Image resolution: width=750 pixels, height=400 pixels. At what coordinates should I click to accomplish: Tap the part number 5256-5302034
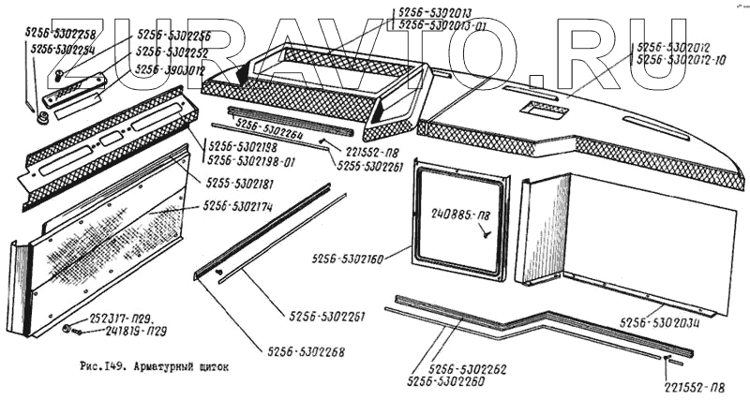tap(662, 322)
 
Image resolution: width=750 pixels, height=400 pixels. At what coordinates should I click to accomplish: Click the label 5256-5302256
tap(173, 36)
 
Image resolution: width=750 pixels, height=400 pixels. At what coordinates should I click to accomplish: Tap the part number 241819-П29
tap(119, 332)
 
